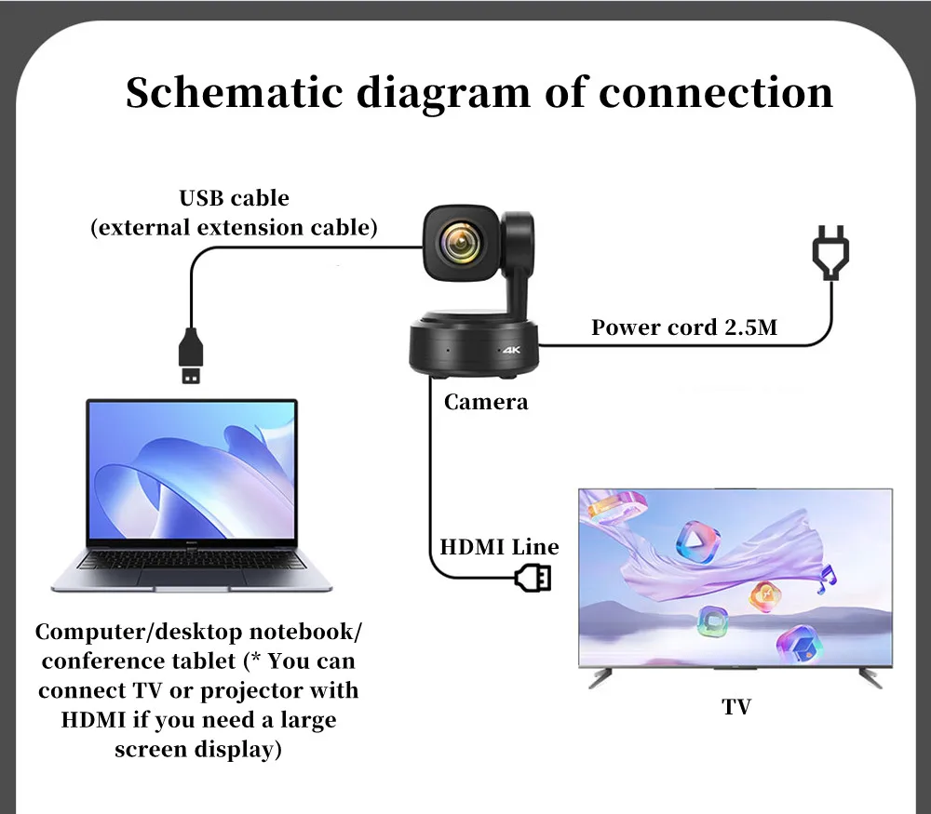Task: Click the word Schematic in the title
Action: coord(235,92)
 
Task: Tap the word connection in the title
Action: coord(715,93)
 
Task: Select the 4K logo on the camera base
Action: coord(511,350)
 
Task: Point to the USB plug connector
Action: coord(191,355)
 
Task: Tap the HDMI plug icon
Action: coord(533,578)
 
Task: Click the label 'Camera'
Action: coord(486,402)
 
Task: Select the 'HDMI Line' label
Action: coord(499,546)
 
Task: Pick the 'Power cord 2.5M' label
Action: coord(684,327)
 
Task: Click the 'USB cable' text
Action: coord(234,197)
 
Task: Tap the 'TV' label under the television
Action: coord(736,707)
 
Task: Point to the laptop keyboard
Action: coord(192,559)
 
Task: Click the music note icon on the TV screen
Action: coord(827,579)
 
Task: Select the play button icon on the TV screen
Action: coord(697,541)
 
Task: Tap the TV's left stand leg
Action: coord(600,677)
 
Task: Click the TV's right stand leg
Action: coord(870,677)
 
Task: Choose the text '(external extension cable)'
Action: coord(234,228)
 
